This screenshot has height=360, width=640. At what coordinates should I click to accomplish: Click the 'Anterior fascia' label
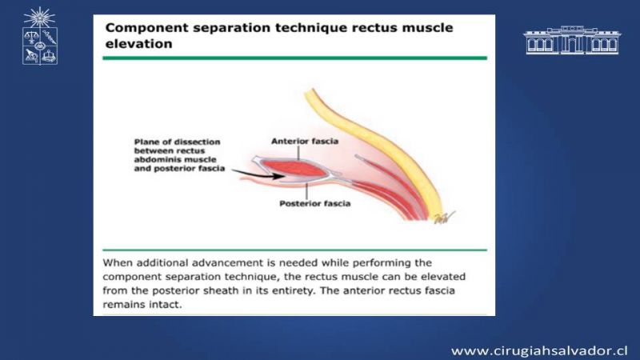[x=305, y=142]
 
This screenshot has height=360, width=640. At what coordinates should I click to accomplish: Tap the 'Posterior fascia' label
[x=314, y=203]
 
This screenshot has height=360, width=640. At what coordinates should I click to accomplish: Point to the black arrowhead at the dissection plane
[x=278, y=176]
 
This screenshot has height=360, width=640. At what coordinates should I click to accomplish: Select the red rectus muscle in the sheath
[x=294, y=169]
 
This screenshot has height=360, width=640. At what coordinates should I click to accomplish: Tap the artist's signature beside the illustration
[x=444, y=218]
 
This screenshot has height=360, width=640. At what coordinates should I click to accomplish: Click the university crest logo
[x=39, y=36]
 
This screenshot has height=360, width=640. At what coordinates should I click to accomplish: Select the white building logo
[x=572, y=40]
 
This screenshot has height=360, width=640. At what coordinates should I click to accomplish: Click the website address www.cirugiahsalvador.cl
[x=539, y=350]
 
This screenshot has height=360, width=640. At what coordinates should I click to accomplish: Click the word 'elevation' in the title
[x=138, y=44]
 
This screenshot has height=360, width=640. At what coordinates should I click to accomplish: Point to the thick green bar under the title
[x=294, y=58]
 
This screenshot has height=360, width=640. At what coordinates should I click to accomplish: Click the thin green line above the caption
[x=294, y=250]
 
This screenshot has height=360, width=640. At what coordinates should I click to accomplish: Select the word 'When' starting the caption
[x=117, y=262]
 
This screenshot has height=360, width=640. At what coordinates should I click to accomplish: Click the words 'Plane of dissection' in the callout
[x=177, y=142]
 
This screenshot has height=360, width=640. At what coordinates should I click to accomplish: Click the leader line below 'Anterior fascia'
[x=298, y=153]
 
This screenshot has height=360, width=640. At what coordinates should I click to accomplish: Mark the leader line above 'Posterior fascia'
[x=306, y=191]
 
